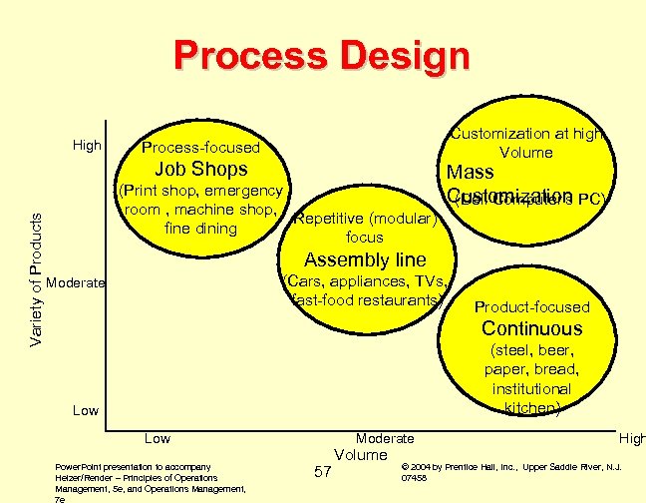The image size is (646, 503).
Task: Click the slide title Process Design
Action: tap(322, 56)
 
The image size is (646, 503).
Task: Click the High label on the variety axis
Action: tap(88, 146)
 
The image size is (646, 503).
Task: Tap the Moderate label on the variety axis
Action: tap(76, 283)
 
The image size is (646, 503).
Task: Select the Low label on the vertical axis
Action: tap(86, 410)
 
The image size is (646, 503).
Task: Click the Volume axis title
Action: tap(360, 455)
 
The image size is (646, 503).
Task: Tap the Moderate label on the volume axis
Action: tap(385, 438)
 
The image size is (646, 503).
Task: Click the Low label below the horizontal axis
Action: tap(158, 438)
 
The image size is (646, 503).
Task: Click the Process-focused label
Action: tap(200, 148)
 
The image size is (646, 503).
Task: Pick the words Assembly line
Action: tap(365, 260)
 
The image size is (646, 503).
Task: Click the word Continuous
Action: tap(531, 328)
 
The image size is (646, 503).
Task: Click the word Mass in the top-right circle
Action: tap(471, 173)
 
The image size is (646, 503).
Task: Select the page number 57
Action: tap(322, 471)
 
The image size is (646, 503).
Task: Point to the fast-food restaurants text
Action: tap(367, 299)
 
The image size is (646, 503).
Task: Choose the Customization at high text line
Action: tap(525, 134)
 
